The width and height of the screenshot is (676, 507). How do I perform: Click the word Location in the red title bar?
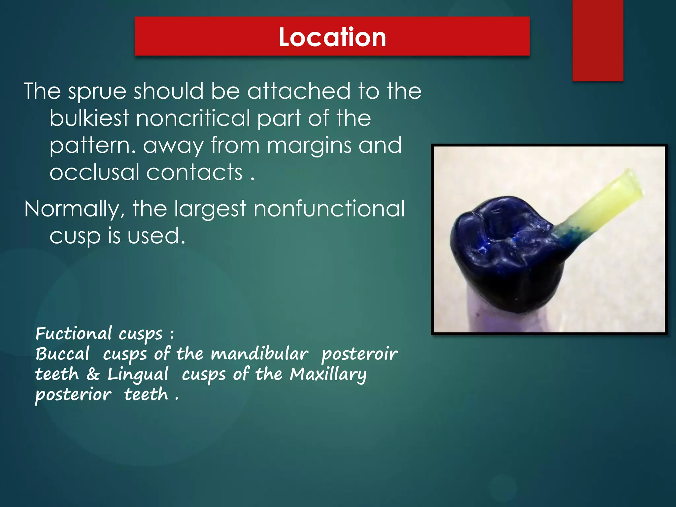click(x=332, y=37)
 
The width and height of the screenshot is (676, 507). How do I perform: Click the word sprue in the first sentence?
click(x=97, y=91)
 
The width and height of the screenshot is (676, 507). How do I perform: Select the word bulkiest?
click(x=89, y=118)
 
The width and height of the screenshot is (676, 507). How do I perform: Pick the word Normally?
click(x=75, y=209)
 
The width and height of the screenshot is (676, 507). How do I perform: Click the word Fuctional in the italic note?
click(x=74, y=333)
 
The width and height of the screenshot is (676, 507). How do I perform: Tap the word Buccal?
click(x=62, y=354)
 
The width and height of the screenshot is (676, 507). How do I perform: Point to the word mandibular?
click(x=259, y=354)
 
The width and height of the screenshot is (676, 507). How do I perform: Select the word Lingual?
click(x=138, y=374)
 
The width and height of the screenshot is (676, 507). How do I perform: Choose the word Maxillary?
click(x=328, y=374)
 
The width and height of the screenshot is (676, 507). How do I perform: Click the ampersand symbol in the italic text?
click(x=93, y=374)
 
